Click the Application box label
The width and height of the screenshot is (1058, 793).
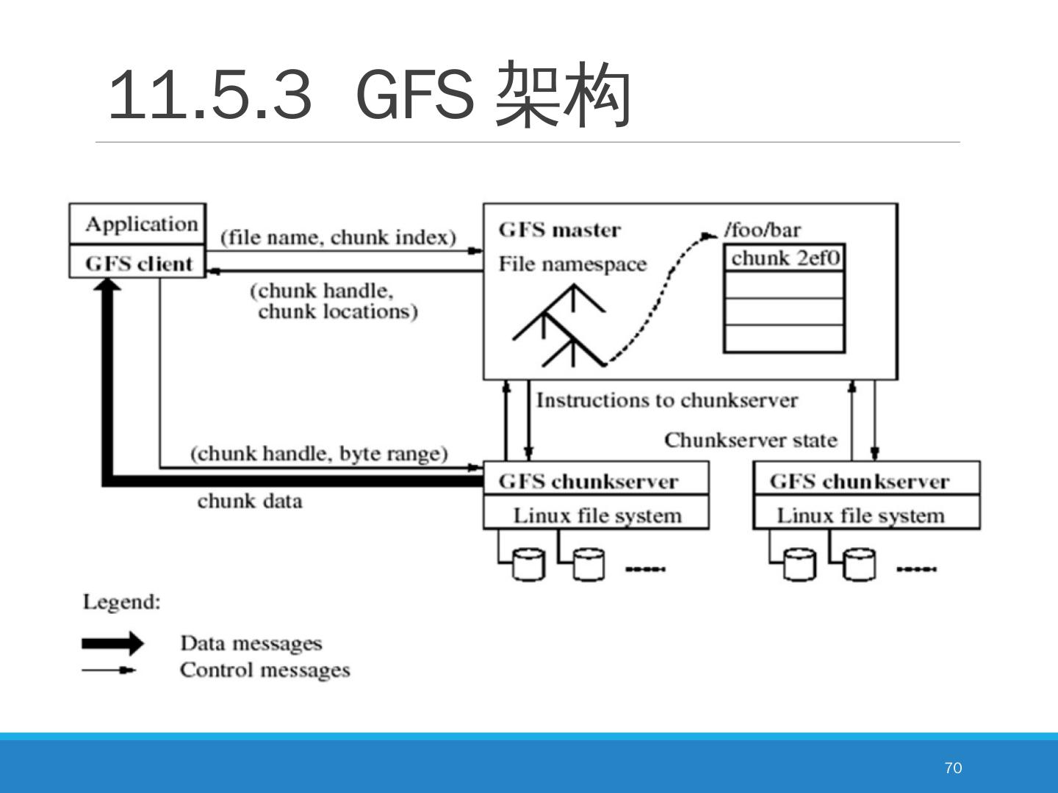click(141, 224)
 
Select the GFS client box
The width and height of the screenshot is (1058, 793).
click(138, 263)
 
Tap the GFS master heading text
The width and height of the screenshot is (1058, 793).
click(559, 230)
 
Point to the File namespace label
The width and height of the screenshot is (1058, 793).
click(572, 264)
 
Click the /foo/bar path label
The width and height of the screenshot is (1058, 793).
click(763, 230)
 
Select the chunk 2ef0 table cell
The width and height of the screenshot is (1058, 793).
click(785, 258)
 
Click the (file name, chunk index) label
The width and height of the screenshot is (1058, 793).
click(338, 237)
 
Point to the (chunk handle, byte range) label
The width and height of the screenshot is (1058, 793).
click(319, 453)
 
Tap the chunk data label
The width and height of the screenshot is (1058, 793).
click(250, 501)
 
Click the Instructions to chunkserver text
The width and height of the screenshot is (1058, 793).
click(666, 400)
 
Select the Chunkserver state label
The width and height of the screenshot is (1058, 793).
click(750, 440)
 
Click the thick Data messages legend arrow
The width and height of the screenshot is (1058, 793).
click(113, 643)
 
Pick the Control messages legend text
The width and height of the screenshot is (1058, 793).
click(264, 670)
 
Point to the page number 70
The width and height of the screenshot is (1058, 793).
click(953, 767)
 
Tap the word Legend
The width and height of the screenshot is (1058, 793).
click(121, 602)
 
